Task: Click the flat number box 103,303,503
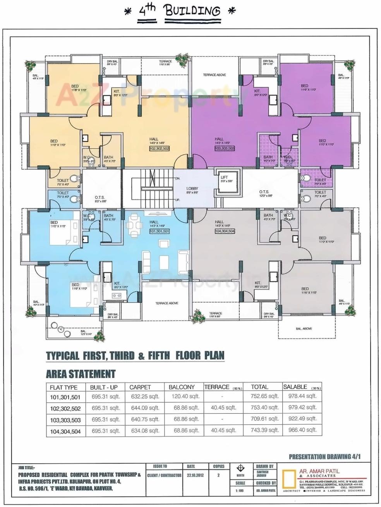pyautogui.click(x=224, y=148)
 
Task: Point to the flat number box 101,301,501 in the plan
pyautogui.click(x=159, y=231)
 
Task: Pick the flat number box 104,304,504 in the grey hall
pyautogui.click(x=225, y=231)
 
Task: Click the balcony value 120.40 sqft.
pyautogui.click(x=186, y=396)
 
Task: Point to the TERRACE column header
pyautogui.click(x=217, y=387)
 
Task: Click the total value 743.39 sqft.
pyautogui.click(x=265, y=430)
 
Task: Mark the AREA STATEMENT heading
pyautogui.click(x=81, y=374)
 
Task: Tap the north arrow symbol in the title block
pyautogui.click(x=240, y=469)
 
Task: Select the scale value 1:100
pyautogui.click(x=240, y=490)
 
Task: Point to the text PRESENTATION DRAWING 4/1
pyautogui.click(x=324, y=457)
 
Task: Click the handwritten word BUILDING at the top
pyautogui.click(x=192, y=10)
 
